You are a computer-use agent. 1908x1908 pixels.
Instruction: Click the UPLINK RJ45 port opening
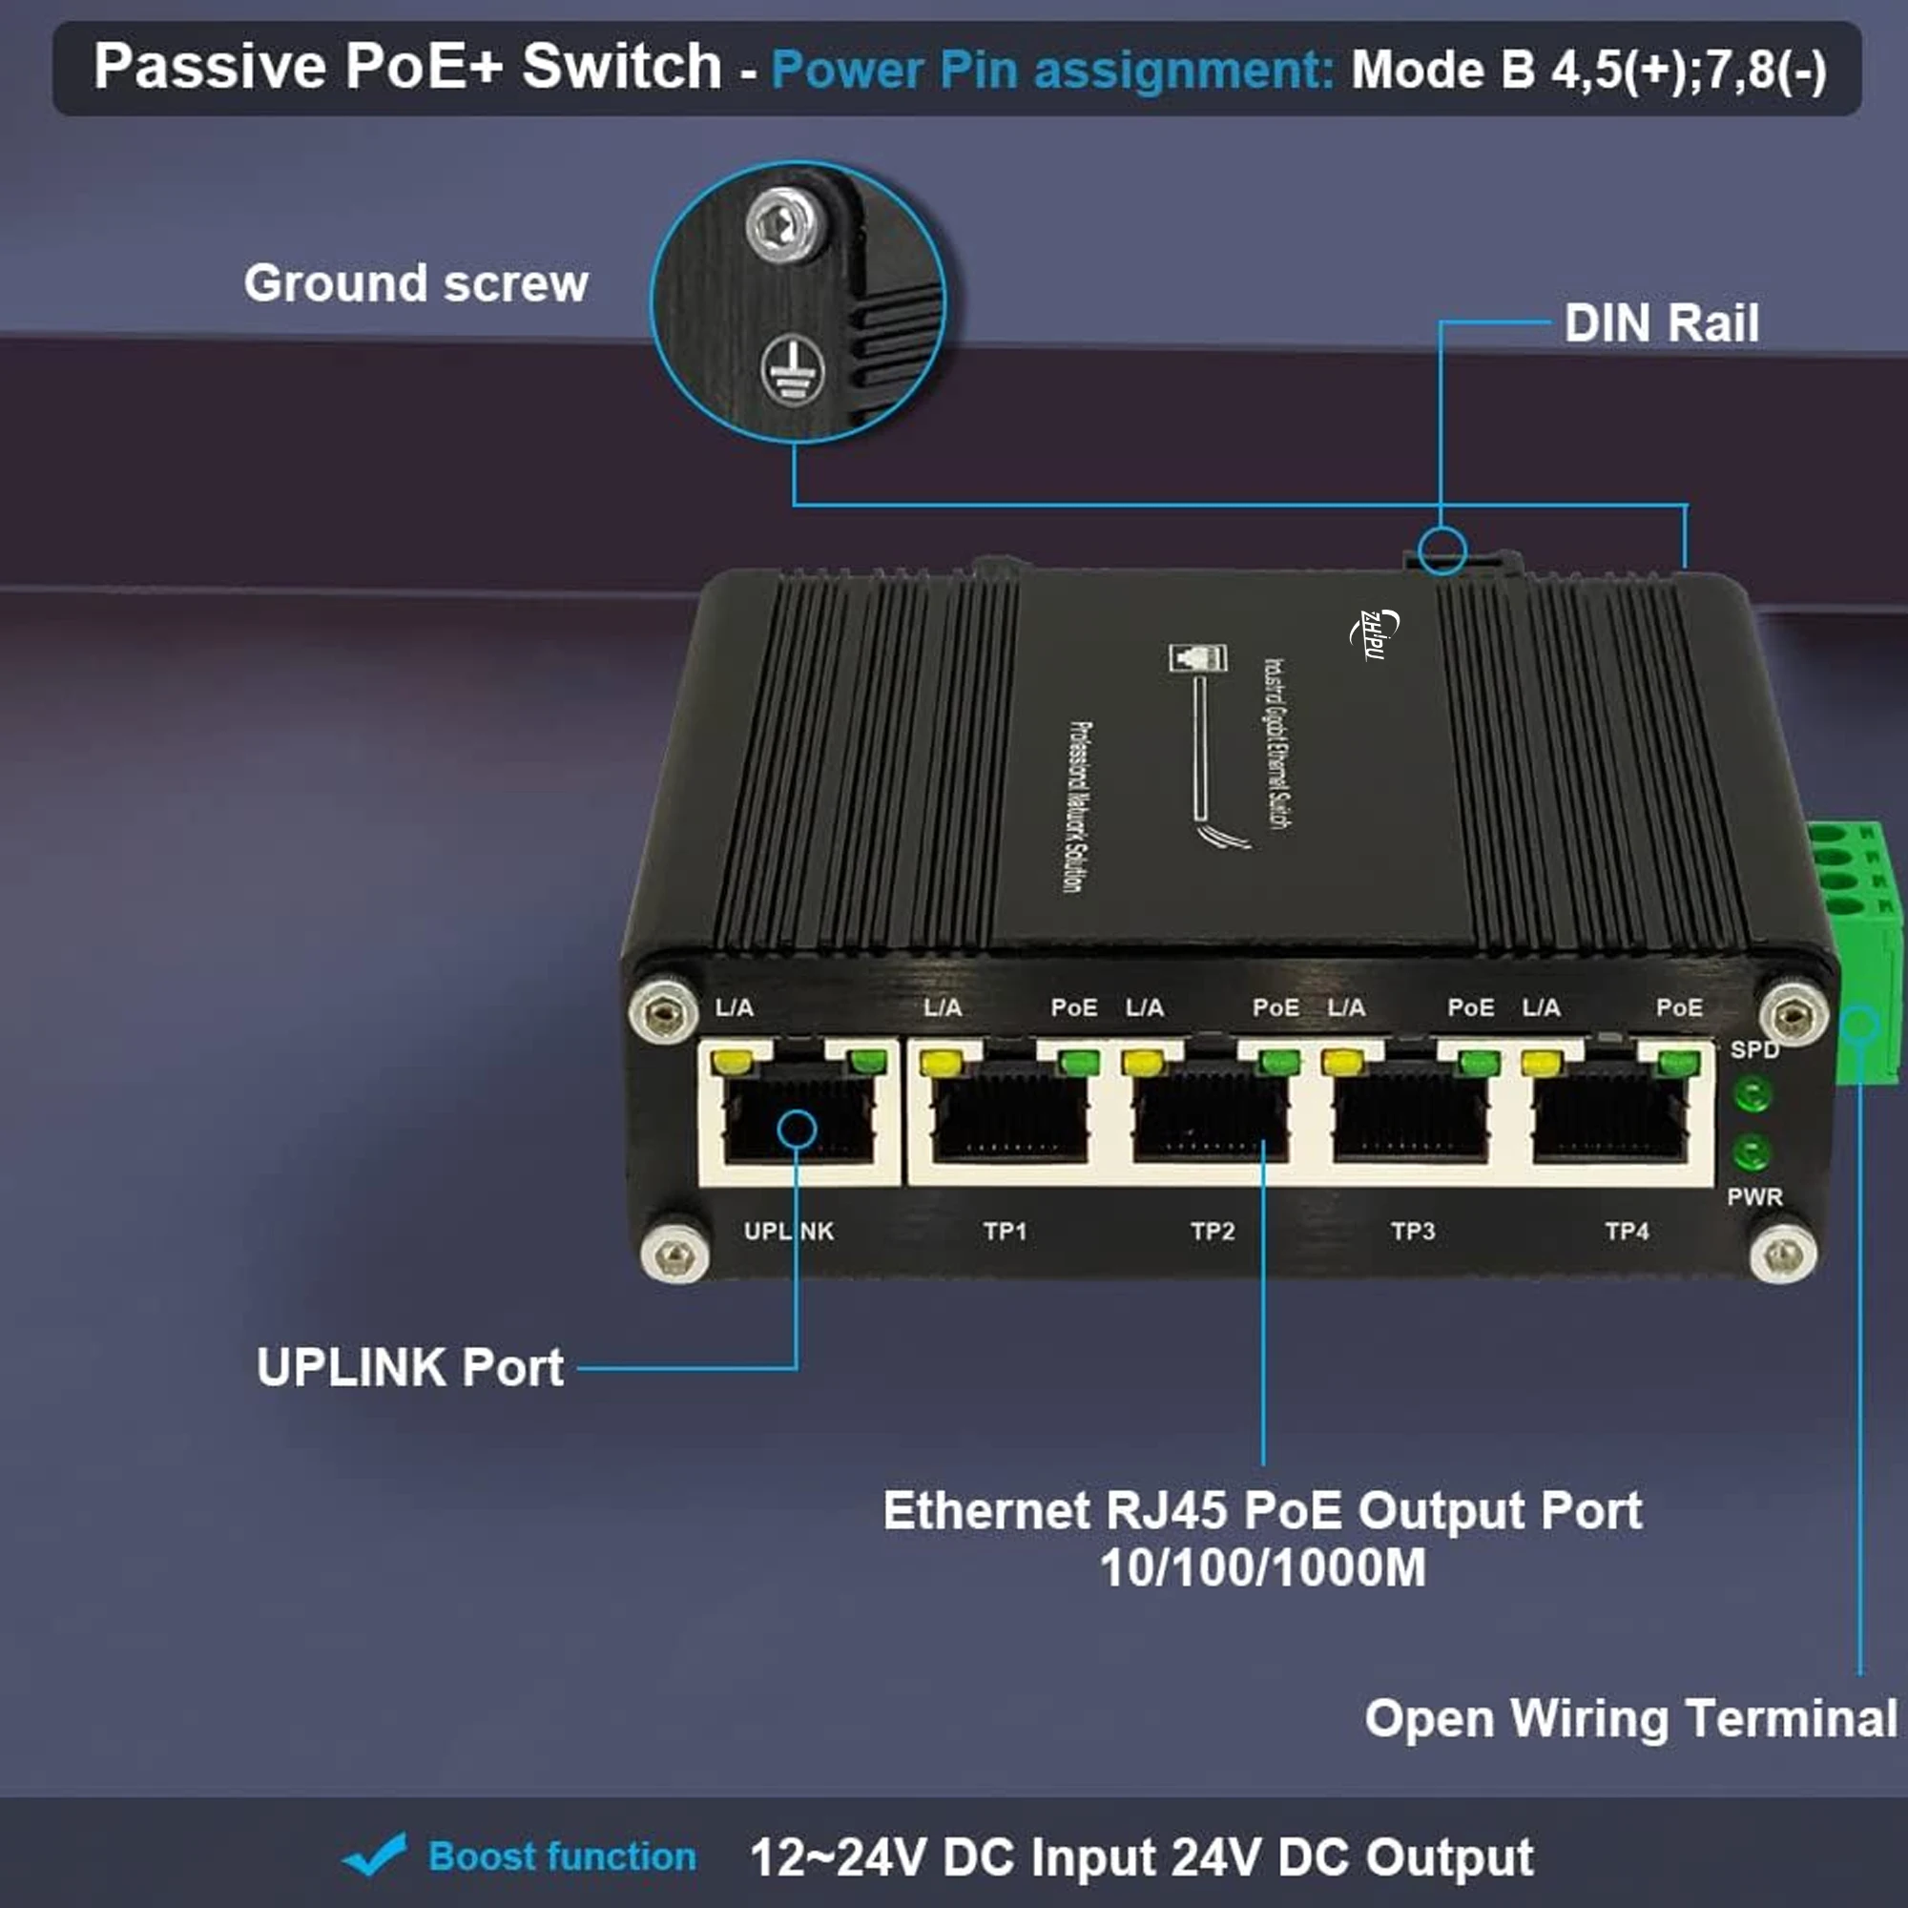click(798, 1122)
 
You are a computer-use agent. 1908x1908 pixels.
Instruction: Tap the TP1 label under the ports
click(1005, 1232)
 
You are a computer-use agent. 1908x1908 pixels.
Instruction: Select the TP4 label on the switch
click(1627, 1232)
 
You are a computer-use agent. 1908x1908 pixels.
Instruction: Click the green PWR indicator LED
click(1751, 1152)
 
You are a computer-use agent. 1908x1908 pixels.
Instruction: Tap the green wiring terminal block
click(1861, 948)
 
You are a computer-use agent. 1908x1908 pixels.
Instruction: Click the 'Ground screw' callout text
click(416, 283)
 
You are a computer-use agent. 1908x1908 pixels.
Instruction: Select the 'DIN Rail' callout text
click(1661, 323)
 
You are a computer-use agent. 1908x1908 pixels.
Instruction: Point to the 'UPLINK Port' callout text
click(410, 1368)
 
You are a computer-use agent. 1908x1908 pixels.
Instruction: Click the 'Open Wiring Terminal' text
click(1630, 1718)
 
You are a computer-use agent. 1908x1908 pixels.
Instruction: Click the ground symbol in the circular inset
click(792, 370)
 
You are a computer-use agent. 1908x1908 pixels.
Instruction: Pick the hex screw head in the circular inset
click(785, 226)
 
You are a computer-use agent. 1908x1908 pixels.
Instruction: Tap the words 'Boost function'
click(562, 1856)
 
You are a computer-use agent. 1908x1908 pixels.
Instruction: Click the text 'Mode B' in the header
click(1442, 70)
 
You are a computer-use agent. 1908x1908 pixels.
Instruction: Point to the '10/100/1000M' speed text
click(1262, 1568)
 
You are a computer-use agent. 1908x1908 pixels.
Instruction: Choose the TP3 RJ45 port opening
click(1409, 1122)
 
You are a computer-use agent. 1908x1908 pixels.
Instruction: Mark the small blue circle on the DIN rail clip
click(1441, 550)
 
